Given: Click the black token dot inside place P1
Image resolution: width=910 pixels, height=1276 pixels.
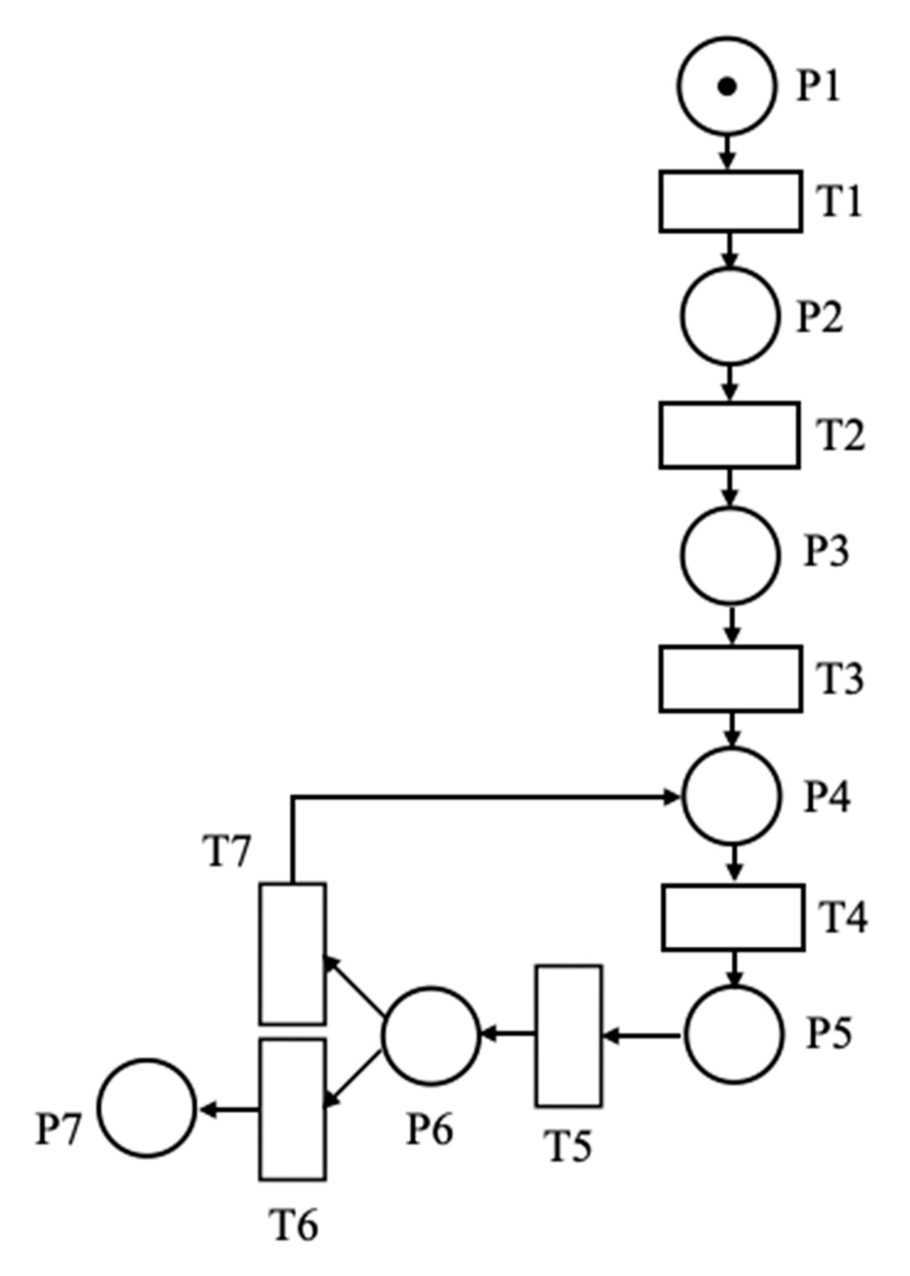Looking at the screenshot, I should [727, 87].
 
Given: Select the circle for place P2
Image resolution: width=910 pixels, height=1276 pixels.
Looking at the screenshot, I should [730, 317].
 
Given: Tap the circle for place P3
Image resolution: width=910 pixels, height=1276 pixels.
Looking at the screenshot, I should [730, 555].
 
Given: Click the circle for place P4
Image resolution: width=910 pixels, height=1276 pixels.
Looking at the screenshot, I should [731, 797].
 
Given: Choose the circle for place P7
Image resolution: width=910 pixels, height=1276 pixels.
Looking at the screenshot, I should [148, 1108].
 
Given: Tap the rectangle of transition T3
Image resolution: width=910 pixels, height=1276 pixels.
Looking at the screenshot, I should [730, 679].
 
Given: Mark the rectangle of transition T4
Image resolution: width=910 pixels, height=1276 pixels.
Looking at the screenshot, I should [733, 918].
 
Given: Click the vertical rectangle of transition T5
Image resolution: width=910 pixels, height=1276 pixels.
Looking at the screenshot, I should [569, 1036].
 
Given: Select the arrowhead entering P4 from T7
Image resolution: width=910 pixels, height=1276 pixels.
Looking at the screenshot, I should [671, 797].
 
